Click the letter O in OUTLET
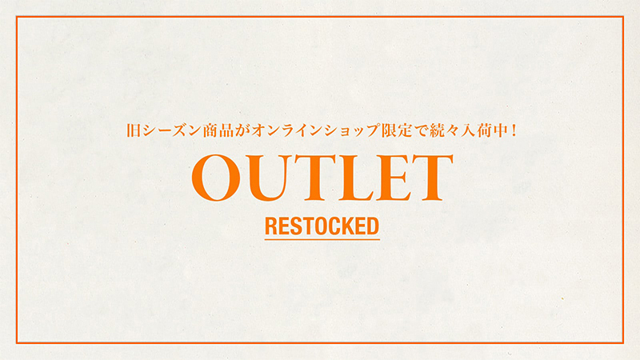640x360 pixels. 216,178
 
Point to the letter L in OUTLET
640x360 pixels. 354,178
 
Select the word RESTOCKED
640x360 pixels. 322,226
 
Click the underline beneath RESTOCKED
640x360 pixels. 322,238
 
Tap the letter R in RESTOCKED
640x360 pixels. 272,226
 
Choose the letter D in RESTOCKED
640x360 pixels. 373,226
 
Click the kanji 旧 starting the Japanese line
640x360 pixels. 134,130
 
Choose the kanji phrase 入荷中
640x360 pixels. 485,130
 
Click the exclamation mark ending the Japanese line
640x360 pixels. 514,130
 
